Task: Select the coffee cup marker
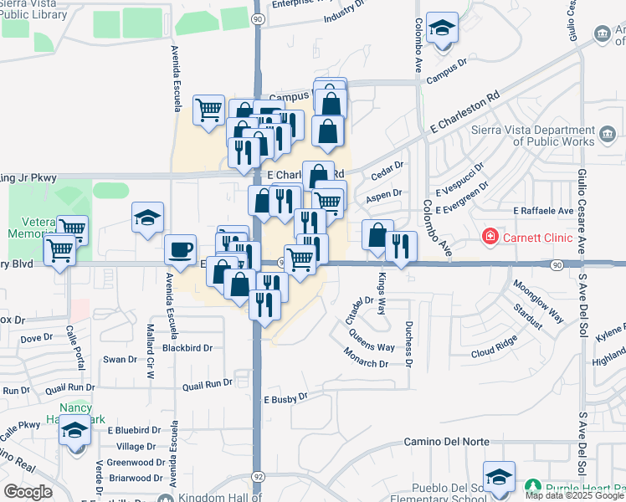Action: pos(180,248)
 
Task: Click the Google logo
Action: pos(28,492)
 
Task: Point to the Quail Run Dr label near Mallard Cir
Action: pos(208,383)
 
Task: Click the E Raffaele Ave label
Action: pos(543,211)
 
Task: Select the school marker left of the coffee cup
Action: pos(146,219)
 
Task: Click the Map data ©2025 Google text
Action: pos(574,495)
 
